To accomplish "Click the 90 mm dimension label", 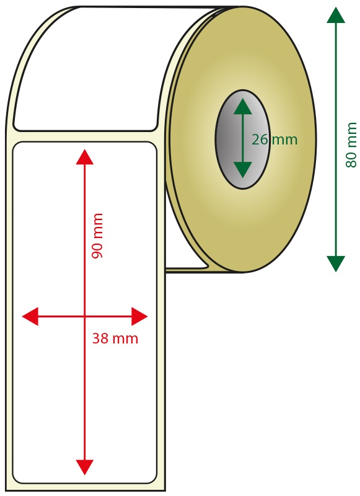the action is click(x=97, y=236).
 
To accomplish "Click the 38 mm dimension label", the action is click(x=115, y=339).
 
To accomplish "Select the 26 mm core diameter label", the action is click(x=274, y=139).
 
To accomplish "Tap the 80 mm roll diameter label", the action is click(x=351, y=145).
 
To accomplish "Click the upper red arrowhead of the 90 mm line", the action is click(x=85, y=157).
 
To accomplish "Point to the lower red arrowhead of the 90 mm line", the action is click(x=85, y=467).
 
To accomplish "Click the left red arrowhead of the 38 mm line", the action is click(x=30, y=316).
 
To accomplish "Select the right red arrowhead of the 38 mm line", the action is click(x=139, y=316).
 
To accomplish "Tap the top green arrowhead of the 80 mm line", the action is click(x=336, y=15).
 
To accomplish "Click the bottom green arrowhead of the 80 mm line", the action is click(x=336, y=264).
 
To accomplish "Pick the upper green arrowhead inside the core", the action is click(x=243, y=106).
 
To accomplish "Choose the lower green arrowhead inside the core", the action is click(x=243, y=170).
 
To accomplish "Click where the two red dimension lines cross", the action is click(x=85, y=316).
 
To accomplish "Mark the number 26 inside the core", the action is click(x=260, y=139).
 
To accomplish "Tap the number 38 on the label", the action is click(x=100, y=339).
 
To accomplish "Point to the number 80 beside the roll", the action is click(x=351, y=159).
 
